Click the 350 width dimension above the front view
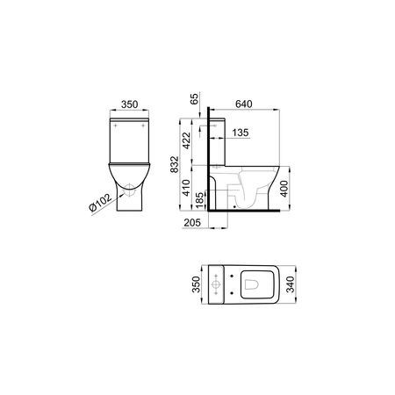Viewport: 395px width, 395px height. (x=130, y=104)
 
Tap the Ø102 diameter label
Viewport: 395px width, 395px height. (x=100, y=202)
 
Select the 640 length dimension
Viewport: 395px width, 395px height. (x=244, y=104)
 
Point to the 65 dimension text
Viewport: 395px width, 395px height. (x=194, y=99)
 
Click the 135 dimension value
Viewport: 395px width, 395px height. (x=241, y=133)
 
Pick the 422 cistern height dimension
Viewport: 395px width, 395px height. (x=186, y=140)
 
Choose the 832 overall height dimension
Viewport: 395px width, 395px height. (x=175, y=164)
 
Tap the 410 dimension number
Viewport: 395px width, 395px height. (x=186, y=188)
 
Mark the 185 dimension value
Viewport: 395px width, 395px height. (x=200, y=200)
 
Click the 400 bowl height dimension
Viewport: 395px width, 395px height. (x=284, y=189)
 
